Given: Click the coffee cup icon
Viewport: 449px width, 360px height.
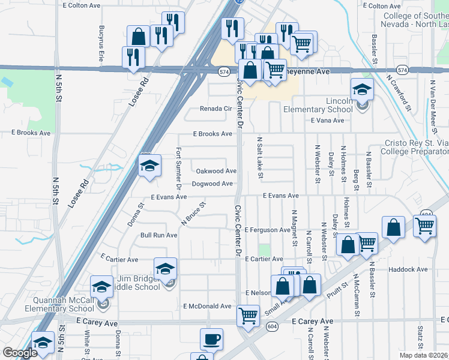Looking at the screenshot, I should coord(211,339).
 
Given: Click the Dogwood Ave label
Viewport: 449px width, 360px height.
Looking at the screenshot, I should coord(212,184).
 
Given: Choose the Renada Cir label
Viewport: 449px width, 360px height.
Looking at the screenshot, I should coord(215,109).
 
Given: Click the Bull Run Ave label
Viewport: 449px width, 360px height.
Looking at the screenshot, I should coord(158,235).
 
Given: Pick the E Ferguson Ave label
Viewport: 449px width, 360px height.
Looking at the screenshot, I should coord(268,230).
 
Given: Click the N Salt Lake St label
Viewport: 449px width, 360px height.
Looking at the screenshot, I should coord(260,158).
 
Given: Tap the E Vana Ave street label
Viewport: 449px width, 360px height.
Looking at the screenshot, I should coord(327,121).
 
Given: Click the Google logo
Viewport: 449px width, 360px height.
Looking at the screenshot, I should coord(20,352).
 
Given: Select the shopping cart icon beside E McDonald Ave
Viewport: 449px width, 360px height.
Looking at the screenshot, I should coord(247,314).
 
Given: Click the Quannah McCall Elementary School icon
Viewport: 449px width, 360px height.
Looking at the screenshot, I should coord(102,287).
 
